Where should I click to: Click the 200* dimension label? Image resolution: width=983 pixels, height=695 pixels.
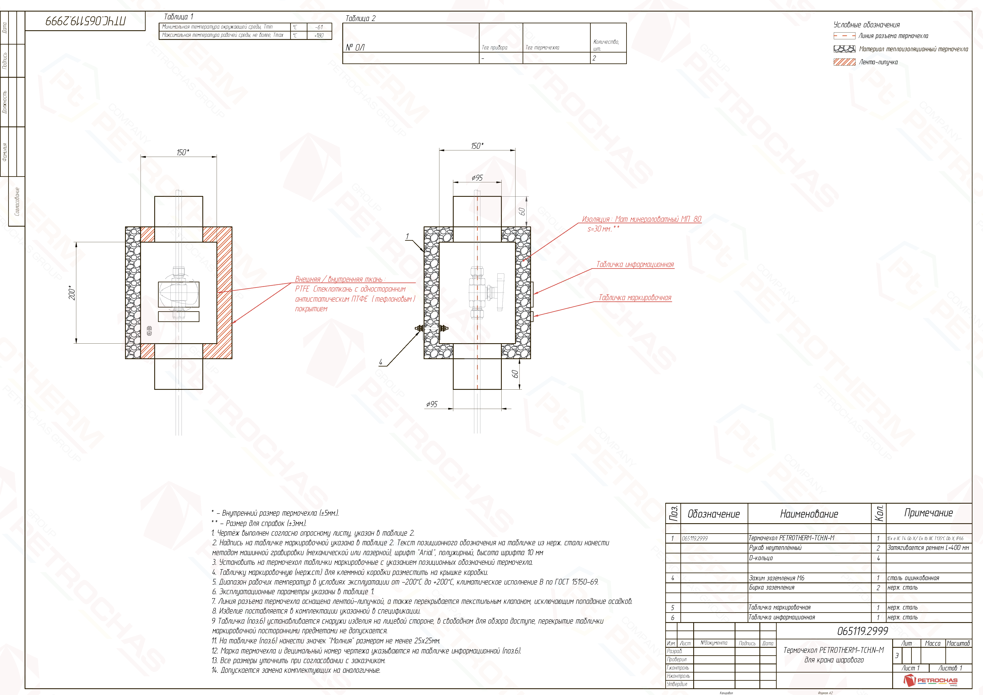(x=72, y=294)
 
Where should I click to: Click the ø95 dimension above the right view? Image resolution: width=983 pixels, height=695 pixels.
(x=477, y=178)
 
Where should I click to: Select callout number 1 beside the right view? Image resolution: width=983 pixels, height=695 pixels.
(x=408, y=236)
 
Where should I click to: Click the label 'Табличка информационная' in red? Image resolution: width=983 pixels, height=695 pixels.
(x=635, y=264)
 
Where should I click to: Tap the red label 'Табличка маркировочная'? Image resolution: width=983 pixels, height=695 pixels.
(x=635, y=297)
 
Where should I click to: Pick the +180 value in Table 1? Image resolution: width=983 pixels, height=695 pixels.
(x=319, y=35)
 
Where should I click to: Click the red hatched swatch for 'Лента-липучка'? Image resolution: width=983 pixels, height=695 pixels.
(x=844, y=62)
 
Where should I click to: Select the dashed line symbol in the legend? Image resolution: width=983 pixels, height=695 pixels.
(x=844, y=36)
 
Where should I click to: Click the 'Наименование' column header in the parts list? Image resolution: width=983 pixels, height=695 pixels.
(x=809, y=514)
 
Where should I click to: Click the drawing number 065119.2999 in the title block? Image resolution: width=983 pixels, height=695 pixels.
(x=863, y=631)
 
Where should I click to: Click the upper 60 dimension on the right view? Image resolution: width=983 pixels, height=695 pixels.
(x=522, y=212)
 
